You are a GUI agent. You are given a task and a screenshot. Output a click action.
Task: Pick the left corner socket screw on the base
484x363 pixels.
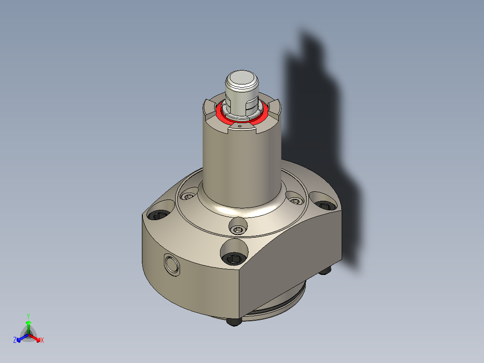click(159, 216)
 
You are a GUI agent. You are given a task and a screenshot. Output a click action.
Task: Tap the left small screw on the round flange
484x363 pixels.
click(188, 196)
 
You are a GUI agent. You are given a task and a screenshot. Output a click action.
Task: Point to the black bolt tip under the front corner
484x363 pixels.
click(232, 322)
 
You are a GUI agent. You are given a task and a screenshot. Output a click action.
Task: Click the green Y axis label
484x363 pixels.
click(28, 316)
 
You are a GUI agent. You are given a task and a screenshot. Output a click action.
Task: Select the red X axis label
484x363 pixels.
click(42, 341)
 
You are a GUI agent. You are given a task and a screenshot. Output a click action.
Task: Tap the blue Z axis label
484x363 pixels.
click(15, 341)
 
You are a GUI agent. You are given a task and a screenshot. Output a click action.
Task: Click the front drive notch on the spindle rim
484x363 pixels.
click(242, 130)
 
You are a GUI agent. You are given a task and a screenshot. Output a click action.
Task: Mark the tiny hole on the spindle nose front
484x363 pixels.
click(240, 127)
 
